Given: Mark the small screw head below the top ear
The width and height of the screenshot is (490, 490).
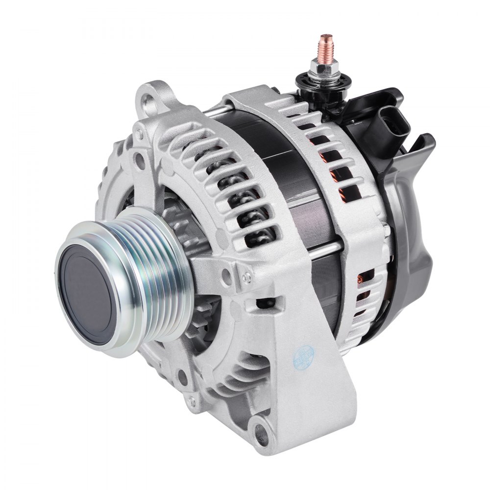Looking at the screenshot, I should [x=141, y=157].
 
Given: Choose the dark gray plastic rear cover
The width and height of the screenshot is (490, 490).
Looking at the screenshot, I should [x=416, y=235].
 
